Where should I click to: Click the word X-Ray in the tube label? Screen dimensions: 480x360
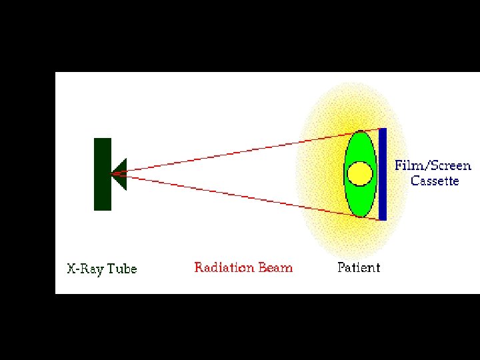(85, 269)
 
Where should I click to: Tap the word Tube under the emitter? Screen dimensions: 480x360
(121, 269)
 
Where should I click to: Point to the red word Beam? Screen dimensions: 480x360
(275, 268)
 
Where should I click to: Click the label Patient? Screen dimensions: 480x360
(359, 268)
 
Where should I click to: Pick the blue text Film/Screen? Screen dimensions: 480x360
(433, 166)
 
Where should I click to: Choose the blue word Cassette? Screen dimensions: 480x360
(435, 181)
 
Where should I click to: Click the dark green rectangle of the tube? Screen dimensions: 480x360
(102, 174)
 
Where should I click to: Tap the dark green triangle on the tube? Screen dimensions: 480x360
(120, 174)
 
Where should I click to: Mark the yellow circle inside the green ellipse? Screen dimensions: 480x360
(360, 173)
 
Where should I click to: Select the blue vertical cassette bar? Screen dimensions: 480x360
(383, 173)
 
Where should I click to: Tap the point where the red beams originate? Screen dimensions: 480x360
(113, 174)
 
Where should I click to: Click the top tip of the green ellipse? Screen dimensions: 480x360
(360, 131)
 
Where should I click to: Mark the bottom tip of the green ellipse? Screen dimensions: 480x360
(360, 217)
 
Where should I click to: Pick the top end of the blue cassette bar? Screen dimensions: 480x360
(383, 129)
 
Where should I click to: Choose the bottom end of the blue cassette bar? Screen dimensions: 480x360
(383, 219)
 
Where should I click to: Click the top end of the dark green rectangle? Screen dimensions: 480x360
(102, 139)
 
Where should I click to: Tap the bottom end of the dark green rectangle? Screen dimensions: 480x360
(102, 209)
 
